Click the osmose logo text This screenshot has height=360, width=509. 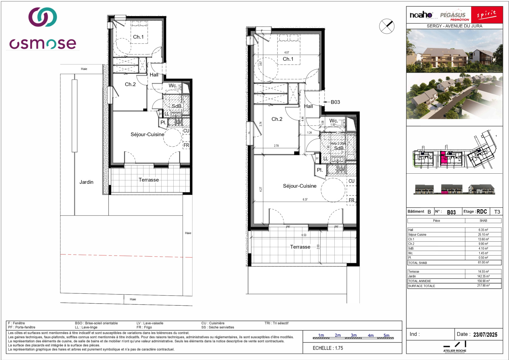point(43,44)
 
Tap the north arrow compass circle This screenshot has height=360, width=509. point(387,26)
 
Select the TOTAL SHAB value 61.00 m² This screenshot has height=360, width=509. point(483,263)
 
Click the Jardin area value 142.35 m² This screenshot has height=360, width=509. point(483,276)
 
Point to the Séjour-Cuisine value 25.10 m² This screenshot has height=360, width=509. point(483,235)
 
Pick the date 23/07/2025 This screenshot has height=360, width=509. point(485,335)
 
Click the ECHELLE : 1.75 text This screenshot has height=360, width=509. point(328,348)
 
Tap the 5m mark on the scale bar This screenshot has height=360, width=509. point(386,336)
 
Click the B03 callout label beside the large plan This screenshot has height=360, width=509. point(335,102)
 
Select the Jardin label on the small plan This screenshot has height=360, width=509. point(86,182)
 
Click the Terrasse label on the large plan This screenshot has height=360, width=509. point(300,247)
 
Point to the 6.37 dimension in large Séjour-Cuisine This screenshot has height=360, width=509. point(305,199)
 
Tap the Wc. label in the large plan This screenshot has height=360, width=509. point(333,121)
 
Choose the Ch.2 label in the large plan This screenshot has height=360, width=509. point(277,119)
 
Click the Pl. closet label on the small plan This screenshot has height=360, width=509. point(163,122)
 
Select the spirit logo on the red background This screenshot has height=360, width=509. point(487,15)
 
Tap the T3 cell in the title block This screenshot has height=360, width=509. point(497,212)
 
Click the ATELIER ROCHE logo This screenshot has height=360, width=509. point(455,347)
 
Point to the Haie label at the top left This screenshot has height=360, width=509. point(84,69)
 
